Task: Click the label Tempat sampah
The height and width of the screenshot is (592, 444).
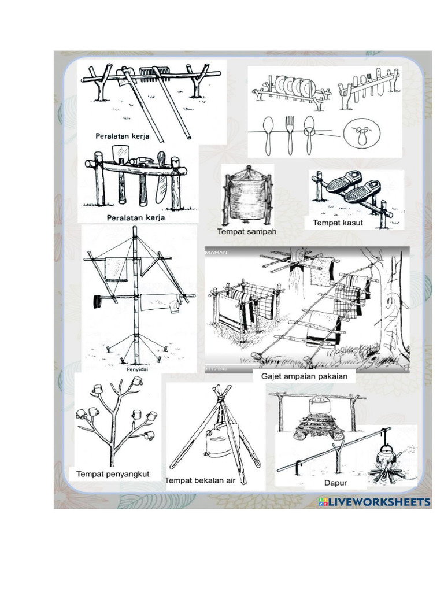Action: [x=247, y=232]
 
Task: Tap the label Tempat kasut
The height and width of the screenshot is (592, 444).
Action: [x=338, y=223]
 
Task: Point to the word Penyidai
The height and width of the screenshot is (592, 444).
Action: [x=134, y=367]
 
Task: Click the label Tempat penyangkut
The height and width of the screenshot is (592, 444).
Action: [x=113, y=474]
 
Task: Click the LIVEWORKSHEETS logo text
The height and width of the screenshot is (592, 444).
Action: [x=378, y=501]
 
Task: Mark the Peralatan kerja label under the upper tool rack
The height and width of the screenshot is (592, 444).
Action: [x=123, y=136]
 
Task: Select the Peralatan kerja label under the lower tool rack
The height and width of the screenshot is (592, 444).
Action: [x=136, y=218]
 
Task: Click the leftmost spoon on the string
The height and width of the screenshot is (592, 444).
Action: [x=268, y=134]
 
